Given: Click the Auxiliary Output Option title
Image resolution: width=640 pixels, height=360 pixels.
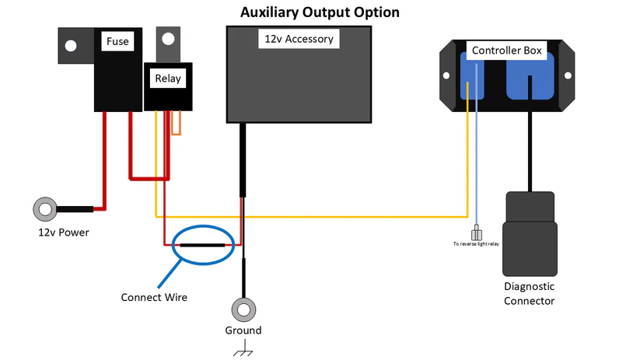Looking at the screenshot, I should point(320,12).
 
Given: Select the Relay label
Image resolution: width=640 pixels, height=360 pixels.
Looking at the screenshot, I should point(167,79).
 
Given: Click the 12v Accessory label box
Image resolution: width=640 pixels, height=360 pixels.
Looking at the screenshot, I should point(299,39).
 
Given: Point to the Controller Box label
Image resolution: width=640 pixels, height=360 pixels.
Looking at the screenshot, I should point(507,51).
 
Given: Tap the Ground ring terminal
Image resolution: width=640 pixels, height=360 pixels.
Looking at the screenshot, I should point(243,310).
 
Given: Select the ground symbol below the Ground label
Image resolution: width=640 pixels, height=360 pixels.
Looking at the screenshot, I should point(243,351).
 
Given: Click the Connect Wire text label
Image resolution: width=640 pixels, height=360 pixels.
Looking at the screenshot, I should point(154,297).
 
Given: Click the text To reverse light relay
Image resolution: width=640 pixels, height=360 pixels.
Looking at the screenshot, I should point(477,244).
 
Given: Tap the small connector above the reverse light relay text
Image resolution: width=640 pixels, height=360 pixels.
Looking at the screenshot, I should point(477,233).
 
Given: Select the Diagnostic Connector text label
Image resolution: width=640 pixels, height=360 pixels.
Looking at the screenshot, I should point(529,293).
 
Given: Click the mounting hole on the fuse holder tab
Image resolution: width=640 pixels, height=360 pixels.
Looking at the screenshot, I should point(71,46).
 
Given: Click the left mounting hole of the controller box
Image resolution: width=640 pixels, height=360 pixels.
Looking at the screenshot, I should point(447,76).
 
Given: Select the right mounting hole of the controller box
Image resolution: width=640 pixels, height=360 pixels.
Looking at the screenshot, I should point(566,76).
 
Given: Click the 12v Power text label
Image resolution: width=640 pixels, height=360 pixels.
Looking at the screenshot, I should point(64,232).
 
